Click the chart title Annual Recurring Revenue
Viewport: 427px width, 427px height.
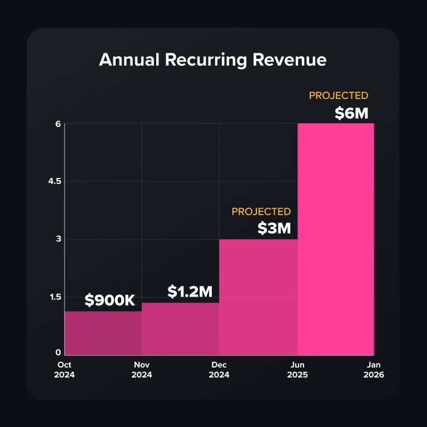pos(213,59)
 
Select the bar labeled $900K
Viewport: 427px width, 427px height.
pos(103,334)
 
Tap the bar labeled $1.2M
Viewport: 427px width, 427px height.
pos(181,329)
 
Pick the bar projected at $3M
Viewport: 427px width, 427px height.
pos(258,297)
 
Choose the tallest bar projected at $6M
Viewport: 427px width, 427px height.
pos(336,240)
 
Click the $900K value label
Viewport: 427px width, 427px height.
pos(110,300)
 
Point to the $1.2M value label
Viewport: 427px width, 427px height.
pos(190,291)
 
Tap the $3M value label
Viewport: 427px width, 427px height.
pos(274,228)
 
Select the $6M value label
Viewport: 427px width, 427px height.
pos(351,113)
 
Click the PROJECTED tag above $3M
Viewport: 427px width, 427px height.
pos(261,212)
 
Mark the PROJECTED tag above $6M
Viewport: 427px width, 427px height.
pos(339,96)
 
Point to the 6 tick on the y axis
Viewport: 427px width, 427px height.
pos(58,124)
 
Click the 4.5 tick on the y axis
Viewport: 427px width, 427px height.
pos(54,181)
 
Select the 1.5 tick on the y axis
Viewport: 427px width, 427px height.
pos(55,297)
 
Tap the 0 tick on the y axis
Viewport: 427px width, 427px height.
pos(58,352)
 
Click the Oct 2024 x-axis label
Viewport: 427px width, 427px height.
pos(64,370)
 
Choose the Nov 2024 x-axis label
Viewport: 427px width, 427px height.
pos(142,370)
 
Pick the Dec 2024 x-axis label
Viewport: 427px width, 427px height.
pos(219,370)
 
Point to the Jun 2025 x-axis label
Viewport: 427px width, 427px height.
pos(297,370)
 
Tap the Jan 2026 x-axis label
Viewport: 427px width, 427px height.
pos(374,370)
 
